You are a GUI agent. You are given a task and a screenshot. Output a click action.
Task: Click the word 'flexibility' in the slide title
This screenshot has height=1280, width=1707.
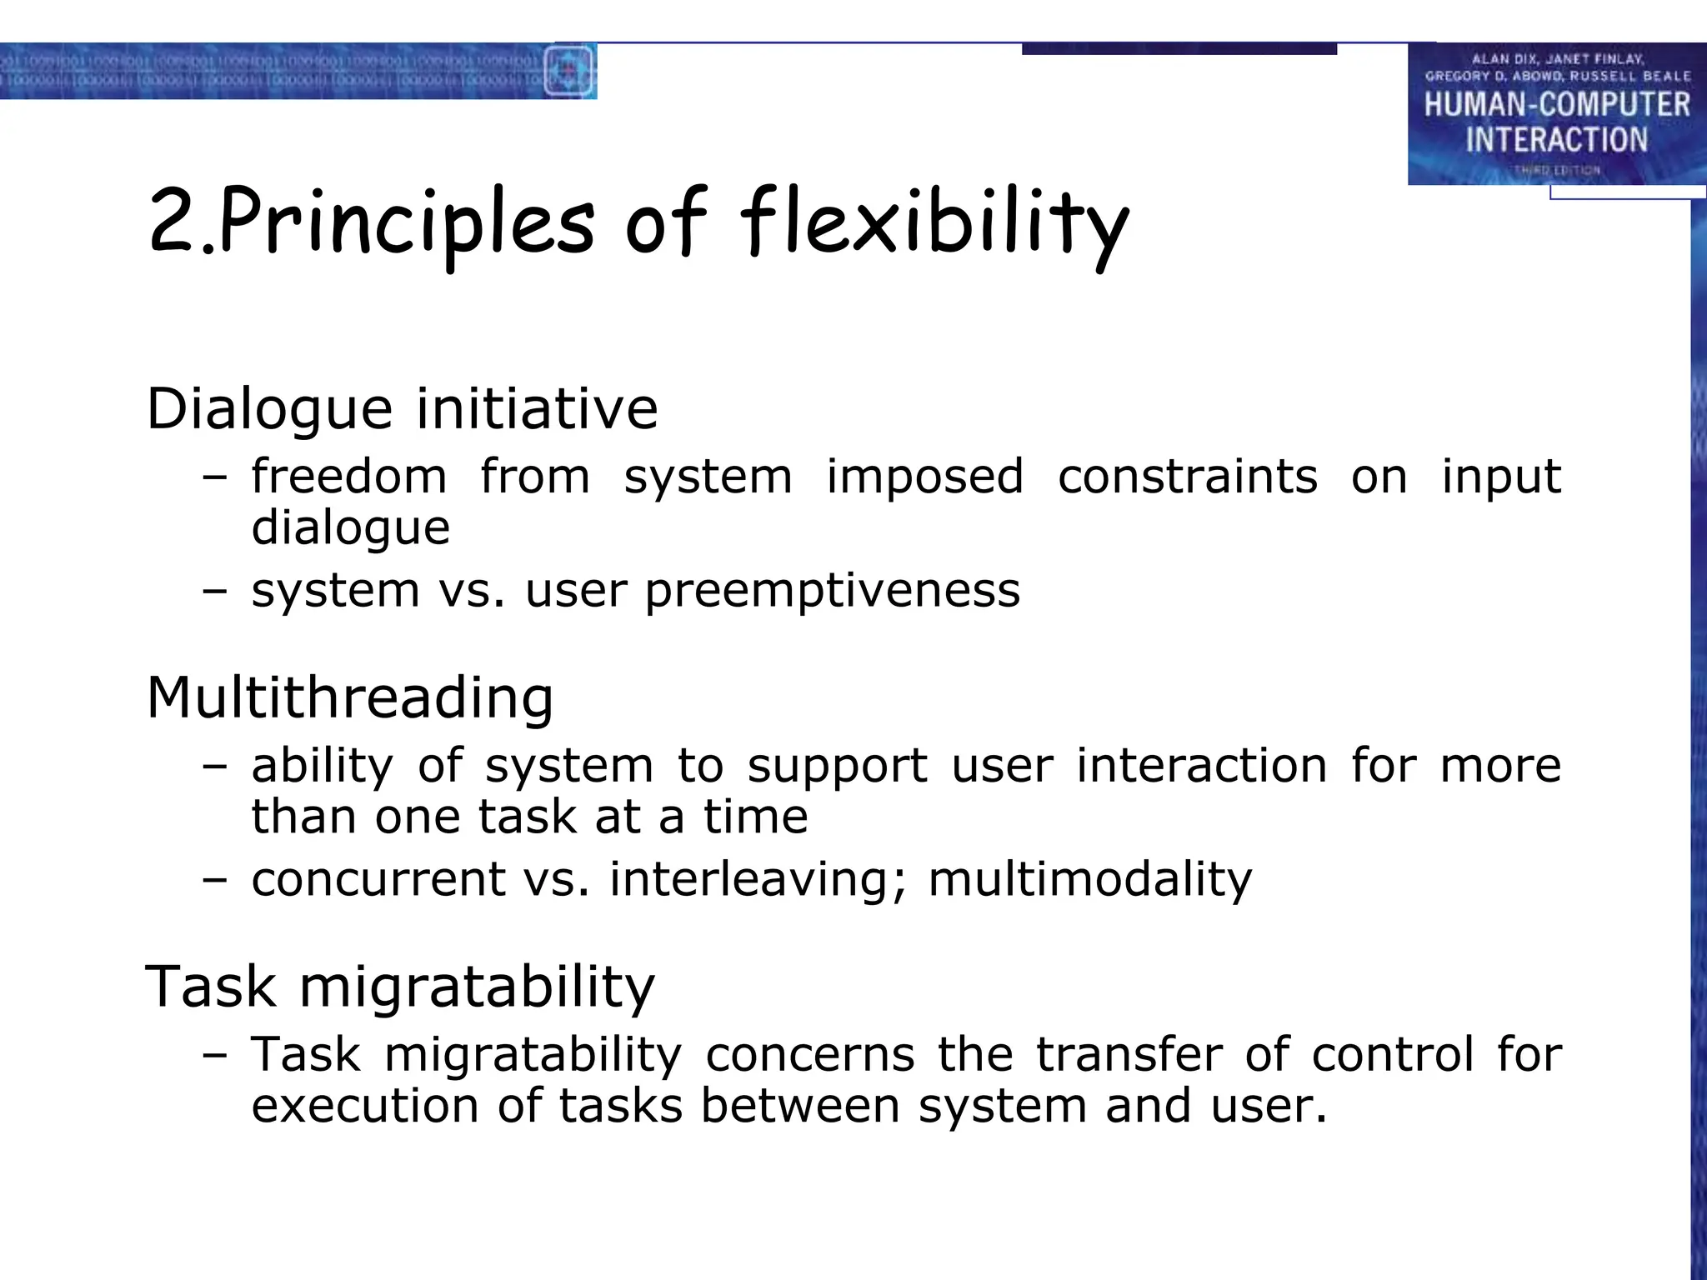point(934,223)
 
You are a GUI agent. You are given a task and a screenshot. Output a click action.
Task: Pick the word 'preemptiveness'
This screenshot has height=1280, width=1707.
point(832,591)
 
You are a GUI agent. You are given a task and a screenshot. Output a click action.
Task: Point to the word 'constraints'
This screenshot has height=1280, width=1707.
point(1187,477)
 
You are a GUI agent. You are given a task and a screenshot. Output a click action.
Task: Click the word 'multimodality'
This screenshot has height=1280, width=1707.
point(1089,879)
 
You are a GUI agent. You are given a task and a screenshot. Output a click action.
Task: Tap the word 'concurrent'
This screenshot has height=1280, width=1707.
point(378,879)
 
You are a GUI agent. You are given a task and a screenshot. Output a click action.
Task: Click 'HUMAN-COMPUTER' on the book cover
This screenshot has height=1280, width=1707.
point(1556,105)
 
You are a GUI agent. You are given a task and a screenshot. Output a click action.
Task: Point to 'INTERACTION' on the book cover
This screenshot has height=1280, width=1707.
point(1556,139)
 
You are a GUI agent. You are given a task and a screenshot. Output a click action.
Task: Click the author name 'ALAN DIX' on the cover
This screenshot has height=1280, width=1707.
point(1503,59)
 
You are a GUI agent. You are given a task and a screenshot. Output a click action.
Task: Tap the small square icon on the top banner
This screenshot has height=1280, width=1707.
point(568,71)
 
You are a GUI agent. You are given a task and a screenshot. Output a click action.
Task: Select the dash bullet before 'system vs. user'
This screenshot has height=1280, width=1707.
point(214,591)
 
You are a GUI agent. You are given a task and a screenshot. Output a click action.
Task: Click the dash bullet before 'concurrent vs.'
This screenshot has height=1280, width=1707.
point(214,879)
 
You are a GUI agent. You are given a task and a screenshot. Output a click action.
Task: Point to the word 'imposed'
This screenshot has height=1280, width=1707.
point(924,477)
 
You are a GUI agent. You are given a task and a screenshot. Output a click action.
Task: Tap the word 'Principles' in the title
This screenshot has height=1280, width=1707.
point(407,223)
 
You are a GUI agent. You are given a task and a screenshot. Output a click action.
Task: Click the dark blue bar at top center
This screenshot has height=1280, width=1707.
point(1179,49)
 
